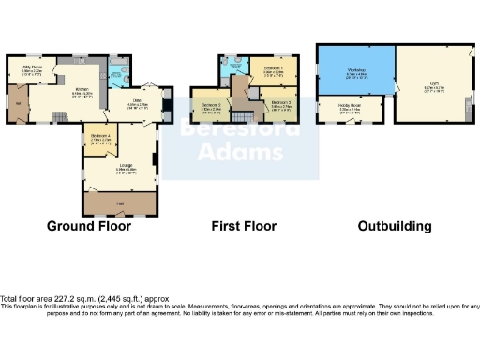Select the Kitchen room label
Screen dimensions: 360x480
coord(57,93)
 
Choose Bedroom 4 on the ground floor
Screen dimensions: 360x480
coord(100,141)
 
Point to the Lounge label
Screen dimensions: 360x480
coord(124,170)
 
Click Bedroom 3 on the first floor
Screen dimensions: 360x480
coord(280,106)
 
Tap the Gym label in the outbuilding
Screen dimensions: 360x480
coord(434,83)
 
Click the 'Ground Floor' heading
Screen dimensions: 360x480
coord(88,226)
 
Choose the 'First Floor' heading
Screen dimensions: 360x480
coord(243,226)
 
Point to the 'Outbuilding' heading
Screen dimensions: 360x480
coord(394,226)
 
